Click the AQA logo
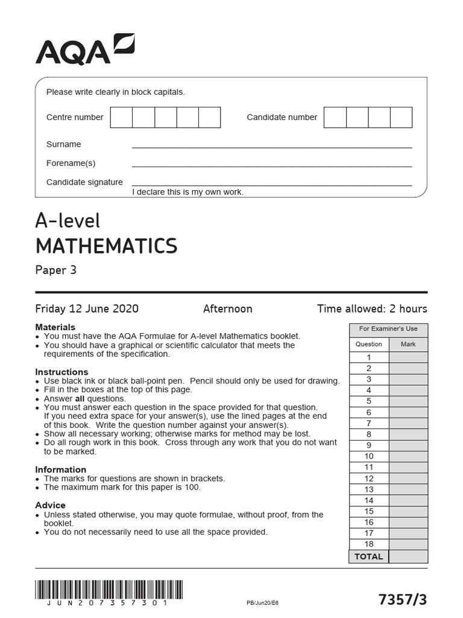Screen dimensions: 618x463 [x=85, y=49]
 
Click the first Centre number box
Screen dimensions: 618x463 [x=121, y=117]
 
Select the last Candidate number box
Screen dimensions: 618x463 [x=401, y=117]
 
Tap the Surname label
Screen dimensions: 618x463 [x=63, y=144]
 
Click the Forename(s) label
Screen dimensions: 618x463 [x=71, y=163]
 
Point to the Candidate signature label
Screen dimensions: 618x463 [x=84, y=182]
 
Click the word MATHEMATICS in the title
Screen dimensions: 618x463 [x=107, y=246]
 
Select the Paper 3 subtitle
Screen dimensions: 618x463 [x=56, y=270]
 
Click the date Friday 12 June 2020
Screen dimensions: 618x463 [x=87, y=308]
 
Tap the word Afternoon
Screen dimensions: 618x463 [x=227, y=308]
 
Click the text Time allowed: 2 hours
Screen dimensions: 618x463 [x=372, y=308]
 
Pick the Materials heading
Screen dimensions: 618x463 [x=55, y=327]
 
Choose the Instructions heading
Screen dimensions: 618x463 [x=61, y=372]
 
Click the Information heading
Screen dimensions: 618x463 [x=60, y=470]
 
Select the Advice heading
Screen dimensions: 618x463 [x=51, y=505]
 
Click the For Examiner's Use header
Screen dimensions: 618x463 [x=388, y=329]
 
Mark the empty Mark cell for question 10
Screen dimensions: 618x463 [x=408, y=456]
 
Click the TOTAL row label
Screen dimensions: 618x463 [x=368, y=556]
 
